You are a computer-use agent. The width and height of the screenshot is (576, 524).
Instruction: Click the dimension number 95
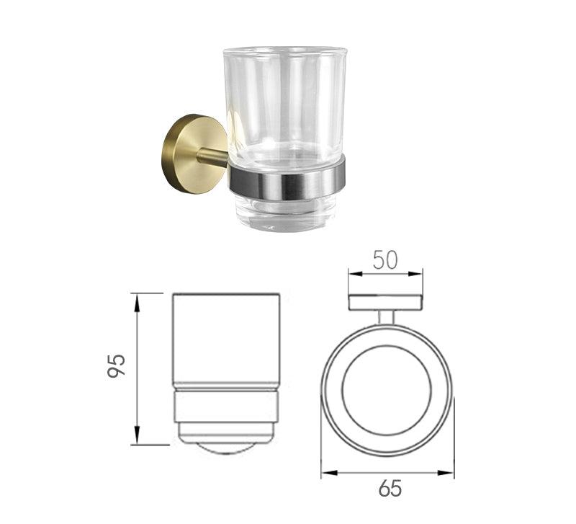pyautogui.click(x=117, y=366)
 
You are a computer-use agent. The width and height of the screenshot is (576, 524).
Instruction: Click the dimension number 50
pyautogui.click(x=385, y=260)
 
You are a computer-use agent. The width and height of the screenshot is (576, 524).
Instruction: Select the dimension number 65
pyautogui.click(x=390, y=489)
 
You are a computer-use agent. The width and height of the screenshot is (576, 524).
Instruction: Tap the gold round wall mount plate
pyautogui.click(x=194, y=154)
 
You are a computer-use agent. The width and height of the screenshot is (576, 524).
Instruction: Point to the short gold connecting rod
pyautogui.click(x=213, y=156)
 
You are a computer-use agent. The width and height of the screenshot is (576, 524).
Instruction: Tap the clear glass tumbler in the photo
pyautogui.click(x=284, y=136)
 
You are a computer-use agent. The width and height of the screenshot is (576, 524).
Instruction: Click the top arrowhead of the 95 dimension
pyautogui.click(x=137, y=303)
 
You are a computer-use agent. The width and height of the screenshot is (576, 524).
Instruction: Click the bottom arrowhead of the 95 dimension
pyautogui.click(x=137, y=435)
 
